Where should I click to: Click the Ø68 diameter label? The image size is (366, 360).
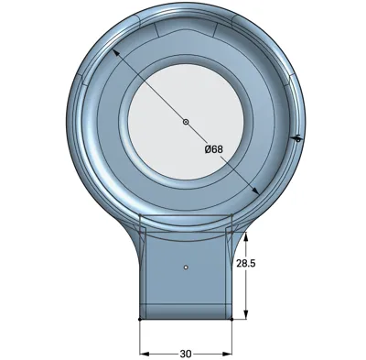214,149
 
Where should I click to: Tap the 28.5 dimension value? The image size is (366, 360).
246,263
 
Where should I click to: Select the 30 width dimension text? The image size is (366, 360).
186,354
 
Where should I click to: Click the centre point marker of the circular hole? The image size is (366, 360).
186,122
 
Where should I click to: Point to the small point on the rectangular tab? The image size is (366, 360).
186,267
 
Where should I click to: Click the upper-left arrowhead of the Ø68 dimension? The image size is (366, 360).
115,52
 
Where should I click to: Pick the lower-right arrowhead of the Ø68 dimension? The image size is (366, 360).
255,191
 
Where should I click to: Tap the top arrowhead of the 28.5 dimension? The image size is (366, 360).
246,236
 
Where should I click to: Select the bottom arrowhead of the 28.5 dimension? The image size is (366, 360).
246,314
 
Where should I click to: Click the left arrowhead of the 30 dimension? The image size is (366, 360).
145,354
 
